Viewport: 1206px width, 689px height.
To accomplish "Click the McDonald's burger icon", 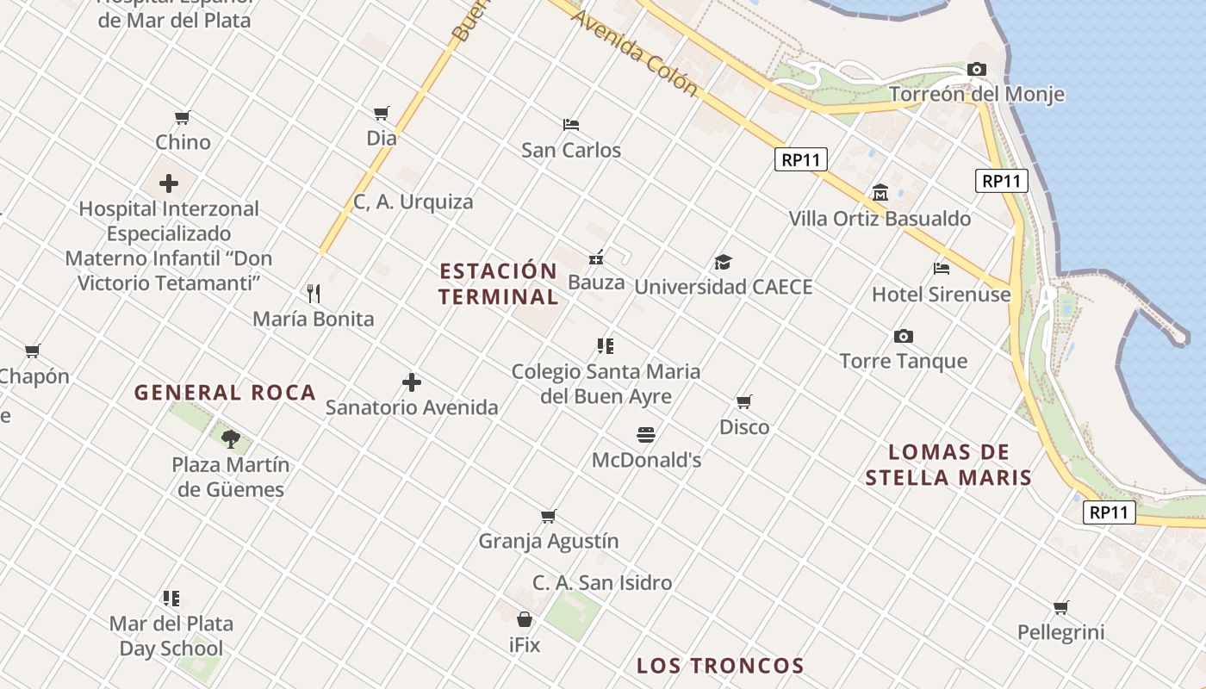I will click(x=646, y=434).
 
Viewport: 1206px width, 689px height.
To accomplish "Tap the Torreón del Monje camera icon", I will click(x=976, y=69).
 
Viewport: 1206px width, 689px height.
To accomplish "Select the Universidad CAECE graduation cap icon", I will click(x=723, y=262).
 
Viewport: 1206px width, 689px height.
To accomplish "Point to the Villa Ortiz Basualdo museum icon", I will click(x=880, y=193).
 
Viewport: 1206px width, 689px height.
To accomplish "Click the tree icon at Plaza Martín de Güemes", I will click(x=230, y=439).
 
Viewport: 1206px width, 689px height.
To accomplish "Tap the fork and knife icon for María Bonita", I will click(x=314, y=294).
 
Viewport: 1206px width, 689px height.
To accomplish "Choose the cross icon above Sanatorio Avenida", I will click(x=412, y=382).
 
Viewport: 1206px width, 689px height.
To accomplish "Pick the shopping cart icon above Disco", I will click(x=744, y=402).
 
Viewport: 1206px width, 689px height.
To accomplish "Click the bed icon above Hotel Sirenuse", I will click(x=941, y=269).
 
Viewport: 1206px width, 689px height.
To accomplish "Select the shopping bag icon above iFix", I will click(x=524, y=619).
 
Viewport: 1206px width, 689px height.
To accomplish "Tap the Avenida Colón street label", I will click(x=633, y=53).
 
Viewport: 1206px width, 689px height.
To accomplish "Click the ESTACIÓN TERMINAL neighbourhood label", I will click(x=498, y=284).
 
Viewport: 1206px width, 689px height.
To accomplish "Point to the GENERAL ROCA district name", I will click(x=226, y=393).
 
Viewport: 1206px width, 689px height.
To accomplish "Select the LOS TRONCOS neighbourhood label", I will click(x=720, y=666).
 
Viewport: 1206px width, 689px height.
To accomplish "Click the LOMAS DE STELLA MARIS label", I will click(x=948, y=465).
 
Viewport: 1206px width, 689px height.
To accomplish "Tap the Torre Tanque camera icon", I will click(x=903, y=336).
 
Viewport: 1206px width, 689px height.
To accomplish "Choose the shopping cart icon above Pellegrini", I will click(x=1060, y=608).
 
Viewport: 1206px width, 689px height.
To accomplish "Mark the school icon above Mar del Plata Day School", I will click(x=171, y=598).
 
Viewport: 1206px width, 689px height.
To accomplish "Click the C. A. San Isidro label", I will click(x=602, y=583).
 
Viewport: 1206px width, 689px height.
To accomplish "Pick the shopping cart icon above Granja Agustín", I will click(x=549, y=517).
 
